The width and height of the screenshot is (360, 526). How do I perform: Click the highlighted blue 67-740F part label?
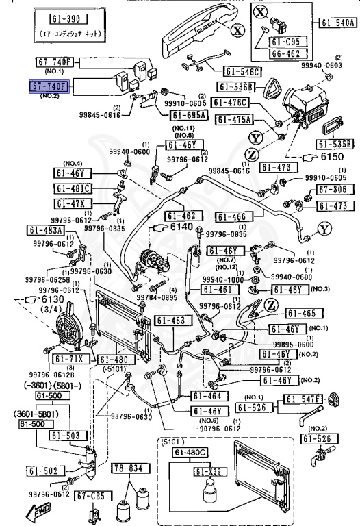tap(50, 86)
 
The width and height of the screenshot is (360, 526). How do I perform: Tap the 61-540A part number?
tap(337, 23)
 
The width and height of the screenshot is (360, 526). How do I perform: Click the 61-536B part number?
tap(237, 86)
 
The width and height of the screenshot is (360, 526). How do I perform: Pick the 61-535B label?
tap(335, 144)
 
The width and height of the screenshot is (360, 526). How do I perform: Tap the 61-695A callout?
tap(190, 115)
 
